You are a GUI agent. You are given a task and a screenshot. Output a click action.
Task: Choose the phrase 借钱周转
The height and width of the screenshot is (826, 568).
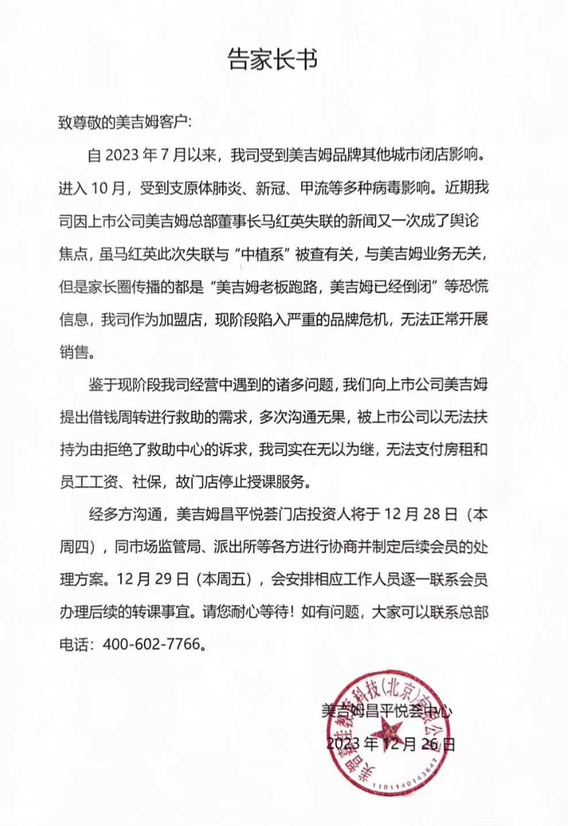click(x=134, y=416)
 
